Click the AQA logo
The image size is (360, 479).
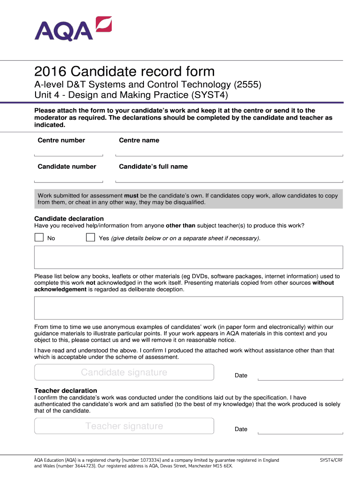tap(73, 29)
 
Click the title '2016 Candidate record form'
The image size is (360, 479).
tap(124, 72)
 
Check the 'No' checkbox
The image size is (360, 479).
tap(39, 238)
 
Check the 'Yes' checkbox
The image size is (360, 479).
tap(90, 238)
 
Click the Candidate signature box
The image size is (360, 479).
tap(124, 372)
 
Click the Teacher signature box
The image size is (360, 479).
tap(124, 426)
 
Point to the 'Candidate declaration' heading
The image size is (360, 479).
tap(69, 218)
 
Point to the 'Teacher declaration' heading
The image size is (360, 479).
tap(66, 391)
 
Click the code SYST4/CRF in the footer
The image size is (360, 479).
tap(331, 460)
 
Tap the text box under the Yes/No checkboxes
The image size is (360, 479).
tap(188, 257)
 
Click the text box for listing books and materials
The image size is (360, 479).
tap(188, 308)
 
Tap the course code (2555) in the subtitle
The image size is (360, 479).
tap(247, 85)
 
